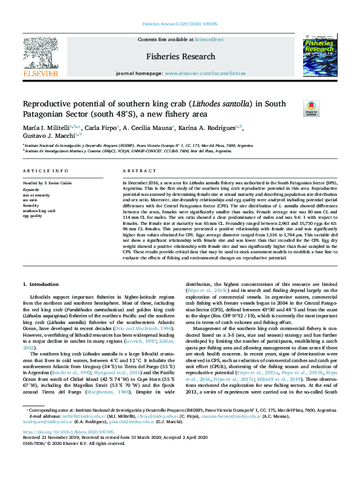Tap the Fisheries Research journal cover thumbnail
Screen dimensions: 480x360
[x=318, y=56]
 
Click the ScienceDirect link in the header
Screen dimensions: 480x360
[x=209, y=39]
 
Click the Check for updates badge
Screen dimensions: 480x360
[x=311, y=108]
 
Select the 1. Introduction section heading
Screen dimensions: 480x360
[x=41, y=284]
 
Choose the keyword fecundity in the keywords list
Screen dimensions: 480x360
[x=31, y=206]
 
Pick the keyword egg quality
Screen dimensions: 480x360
[x=33, y=215]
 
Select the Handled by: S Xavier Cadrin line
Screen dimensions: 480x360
[x=49, y=182]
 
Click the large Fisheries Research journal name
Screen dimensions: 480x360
[x=180, y=56]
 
